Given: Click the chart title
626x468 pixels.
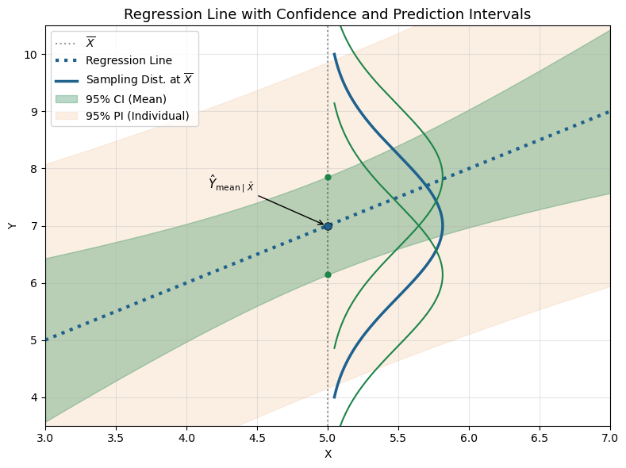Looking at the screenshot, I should [x=327, y=14].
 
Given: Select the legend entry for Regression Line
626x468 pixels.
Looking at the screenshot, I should [x=129, y=60].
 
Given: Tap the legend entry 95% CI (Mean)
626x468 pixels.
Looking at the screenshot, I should [x=125, y=99].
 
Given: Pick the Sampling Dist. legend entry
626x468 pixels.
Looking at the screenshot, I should [x=139, y=79].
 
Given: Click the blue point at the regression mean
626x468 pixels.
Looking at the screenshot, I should [x=328, y=226].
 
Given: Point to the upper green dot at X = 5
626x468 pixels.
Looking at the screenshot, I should [x=328, y=177].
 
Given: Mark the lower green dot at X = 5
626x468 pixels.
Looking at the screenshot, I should [x=328, y=274].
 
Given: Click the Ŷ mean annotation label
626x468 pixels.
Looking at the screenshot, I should [x=231, y=184].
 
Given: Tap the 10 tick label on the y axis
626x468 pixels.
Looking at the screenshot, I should [x=31, y=55].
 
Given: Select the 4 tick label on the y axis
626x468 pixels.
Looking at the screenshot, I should [x=34, y=397].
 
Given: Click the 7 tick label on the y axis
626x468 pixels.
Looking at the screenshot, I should [x=34, y=226].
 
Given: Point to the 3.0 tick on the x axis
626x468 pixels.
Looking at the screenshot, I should [x=45, y=436].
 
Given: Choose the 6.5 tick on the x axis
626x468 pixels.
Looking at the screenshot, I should [x=540, y=436].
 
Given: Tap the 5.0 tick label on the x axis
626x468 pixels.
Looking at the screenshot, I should [x=328, y=436].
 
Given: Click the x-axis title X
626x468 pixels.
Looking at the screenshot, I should [x=328, y=454].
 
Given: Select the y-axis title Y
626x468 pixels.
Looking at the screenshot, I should [x=12, y=226].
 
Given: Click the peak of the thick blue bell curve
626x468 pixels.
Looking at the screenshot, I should [x=442, y=226].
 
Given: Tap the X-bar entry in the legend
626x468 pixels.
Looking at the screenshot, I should [x=90, y=42].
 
